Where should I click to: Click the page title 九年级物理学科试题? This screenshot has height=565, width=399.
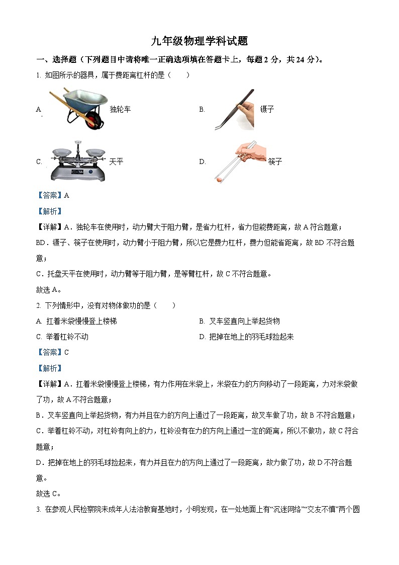(199, 41)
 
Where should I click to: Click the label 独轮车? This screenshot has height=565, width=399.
(120, 109)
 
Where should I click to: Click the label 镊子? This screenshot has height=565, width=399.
(267, 109)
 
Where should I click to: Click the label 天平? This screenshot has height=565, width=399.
(116, 162)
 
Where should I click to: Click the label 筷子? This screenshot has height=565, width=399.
(275, 162)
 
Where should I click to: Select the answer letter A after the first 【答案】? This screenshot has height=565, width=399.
(67, 195)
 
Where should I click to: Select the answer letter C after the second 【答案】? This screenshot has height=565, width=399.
(67, 352)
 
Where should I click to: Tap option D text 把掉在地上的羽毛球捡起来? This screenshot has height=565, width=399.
(251, 337)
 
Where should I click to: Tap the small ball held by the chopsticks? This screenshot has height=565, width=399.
(219, 177)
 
